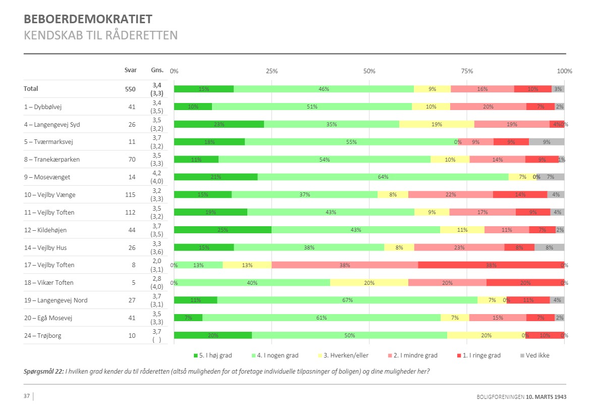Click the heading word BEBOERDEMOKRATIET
pos(88,20)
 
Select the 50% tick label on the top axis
pos(369,71)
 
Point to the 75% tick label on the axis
pos(467,71)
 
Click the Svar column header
pos(130,70)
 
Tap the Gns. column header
pos(157,70)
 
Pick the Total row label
pos(31,89)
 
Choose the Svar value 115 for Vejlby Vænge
pos(130,194)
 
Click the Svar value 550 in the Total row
pos(130,89)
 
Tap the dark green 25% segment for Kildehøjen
pos(223,230)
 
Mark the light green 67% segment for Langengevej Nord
pos(347,300)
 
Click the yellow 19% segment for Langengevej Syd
pos(437,124)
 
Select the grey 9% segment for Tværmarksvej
pos(547,142)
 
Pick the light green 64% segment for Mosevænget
pos(383,177)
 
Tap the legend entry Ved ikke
pos(537,355)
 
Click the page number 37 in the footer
pos(27,396)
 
